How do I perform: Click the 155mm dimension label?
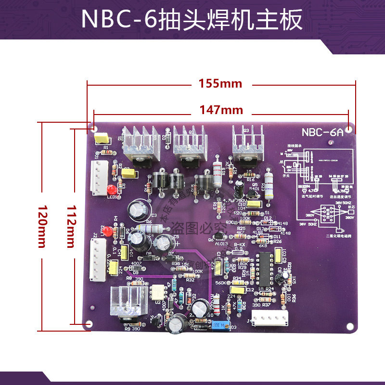tap(220, 83)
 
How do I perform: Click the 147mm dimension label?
tap(221, 110)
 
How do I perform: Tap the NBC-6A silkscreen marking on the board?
tap(323, 132)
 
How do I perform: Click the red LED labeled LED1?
tap(112, 189)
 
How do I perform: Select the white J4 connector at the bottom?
tap(270, 317)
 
